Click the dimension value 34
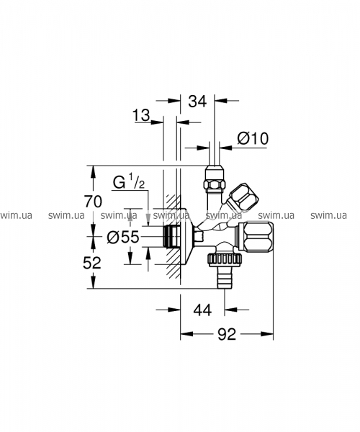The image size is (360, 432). pyautogui.click(x=197, y=102)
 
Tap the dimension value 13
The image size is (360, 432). pyautogui.click(x=141, y=115)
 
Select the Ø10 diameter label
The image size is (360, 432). pyautogui.click(x=253, y=138)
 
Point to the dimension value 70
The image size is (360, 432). pyautogui.click(x=93, y=202)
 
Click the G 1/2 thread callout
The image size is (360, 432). pyautogui.click(x=129, y=182)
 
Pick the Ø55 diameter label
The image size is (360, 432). pyautogui.click(x=123, y=237)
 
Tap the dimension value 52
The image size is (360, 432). pyautogui.click(x=92, y=263)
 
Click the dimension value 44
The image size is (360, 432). pyautogui.click(x=202, y=310)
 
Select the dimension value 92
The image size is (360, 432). pyautogui.click(x=227, y=334)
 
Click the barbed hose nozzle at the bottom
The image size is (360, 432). pyautogui.click(x=225, y=278)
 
